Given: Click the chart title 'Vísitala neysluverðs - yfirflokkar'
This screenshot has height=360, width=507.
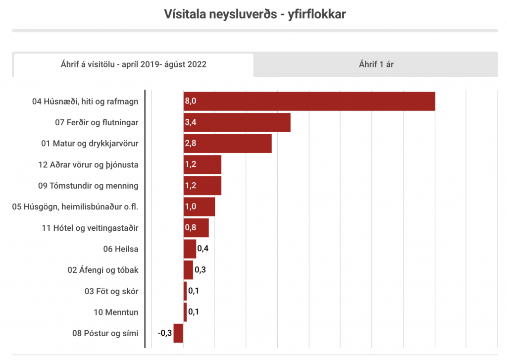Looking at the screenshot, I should [254, 14].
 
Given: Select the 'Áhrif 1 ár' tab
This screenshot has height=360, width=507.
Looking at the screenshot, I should [376, 64].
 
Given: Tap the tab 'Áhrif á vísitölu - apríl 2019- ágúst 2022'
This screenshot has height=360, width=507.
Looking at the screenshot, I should [133, 64].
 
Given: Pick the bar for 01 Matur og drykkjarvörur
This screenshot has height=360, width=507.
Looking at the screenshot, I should [233, 143].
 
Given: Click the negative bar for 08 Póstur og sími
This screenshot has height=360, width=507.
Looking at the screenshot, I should [178, 333].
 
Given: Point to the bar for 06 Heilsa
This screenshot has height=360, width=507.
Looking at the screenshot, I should [190, 249].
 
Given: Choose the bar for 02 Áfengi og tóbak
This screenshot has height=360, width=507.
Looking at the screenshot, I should [188, 270].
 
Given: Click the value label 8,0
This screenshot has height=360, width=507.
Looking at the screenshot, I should [191, 101].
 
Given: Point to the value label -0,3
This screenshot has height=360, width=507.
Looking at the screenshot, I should [165, 333].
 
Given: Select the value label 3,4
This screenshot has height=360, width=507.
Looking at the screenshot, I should [191, 122].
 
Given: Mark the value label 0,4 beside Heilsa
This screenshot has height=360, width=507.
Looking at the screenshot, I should [203, 249].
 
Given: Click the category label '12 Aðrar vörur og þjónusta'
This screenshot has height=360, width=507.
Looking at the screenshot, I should [88, 164].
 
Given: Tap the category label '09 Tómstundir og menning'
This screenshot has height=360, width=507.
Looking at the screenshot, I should [88, 186].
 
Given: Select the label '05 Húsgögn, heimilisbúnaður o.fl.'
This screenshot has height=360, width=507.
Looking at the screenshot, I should [75, 206].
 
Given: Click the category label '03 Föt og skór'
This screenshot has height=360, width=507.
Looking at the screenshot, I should [111, 291].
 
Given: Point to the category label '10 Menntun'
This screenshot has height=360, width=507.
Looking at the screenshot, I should [116, 312].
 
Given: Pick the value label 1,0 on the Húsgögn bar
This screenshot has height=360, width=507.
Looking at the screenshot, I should [191, 206].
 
